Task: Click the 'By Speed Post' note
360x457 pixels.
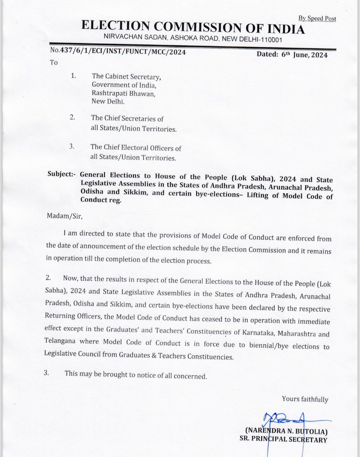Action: [317, 18]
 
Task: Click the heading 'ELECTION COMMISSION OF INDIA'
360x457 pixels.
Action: [193, 28]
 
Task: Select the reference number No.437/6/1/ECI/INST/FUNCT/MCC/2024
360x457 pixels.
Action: [118, 52]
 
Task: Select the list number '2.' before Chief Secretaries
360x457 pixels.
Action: [73, 118]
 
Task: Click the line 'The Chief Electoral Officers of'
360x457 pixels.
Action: [136, 147]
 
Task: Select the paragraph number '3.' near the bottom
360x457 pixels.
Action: [46, 373]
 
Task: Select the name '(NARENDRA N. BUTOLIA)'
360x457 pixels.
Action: [286, 431]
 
